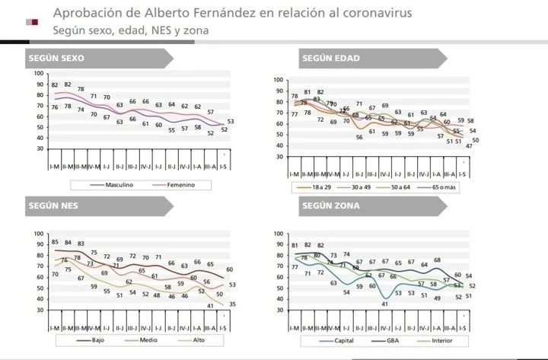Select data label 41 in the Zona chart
pyautogui.click(x=385, y=304)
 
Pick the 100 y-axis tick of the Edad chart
pyautogui.click(x=278, y=80)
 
